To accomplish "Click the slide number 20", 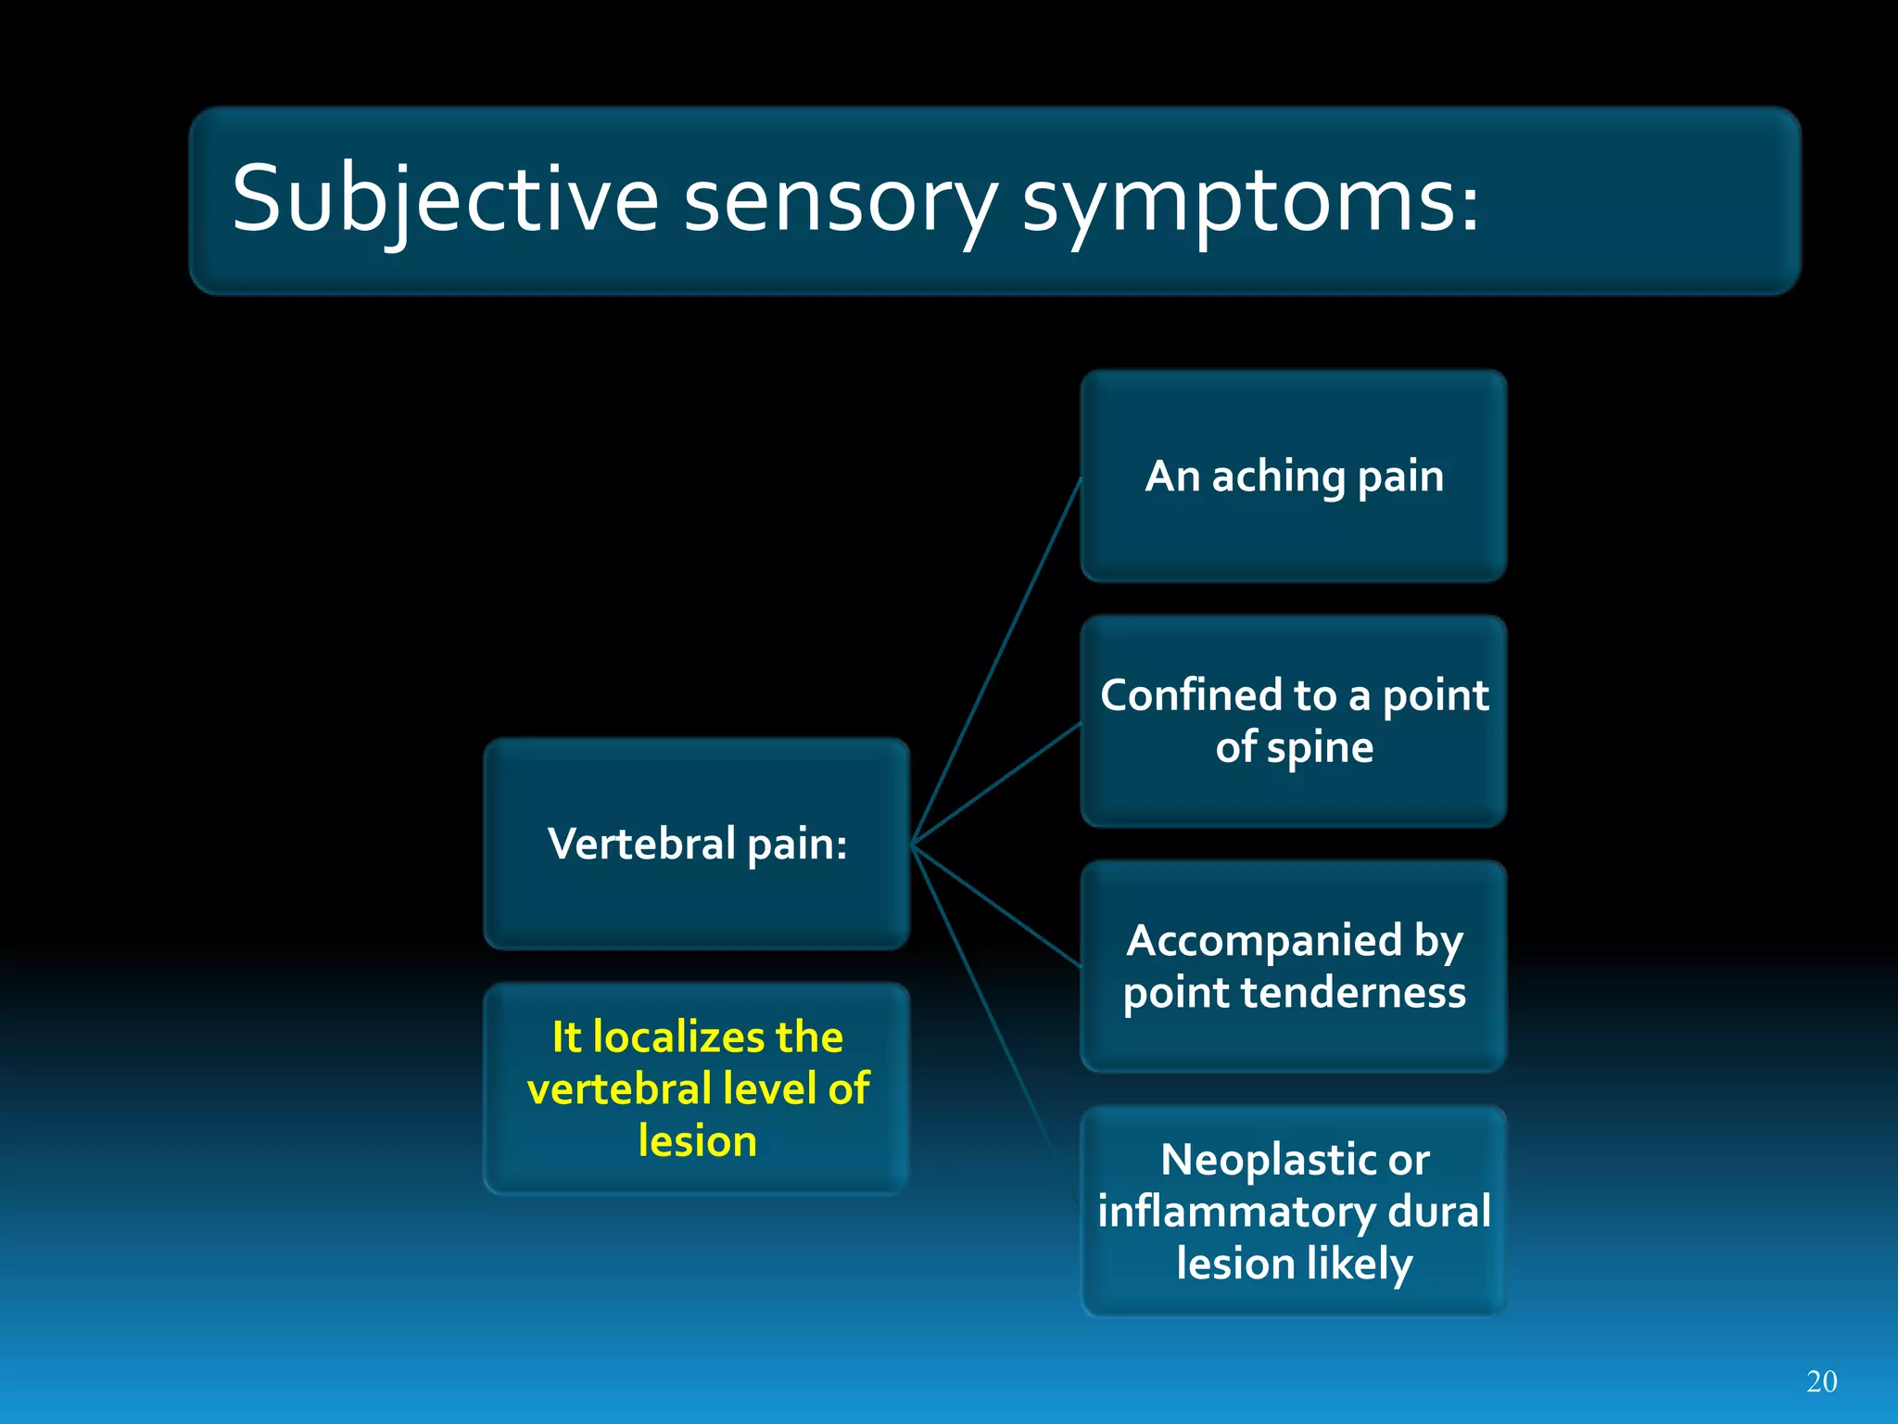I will [x=1821, y=1381].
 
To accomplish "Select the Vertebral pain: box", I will [x=697, y=844].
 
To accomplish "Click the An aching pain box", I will [x=1294, y=476].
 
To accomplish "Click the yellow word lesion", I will [x=697, y=1141].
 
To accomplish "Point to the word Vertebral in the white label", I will [x=641, y=844].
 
